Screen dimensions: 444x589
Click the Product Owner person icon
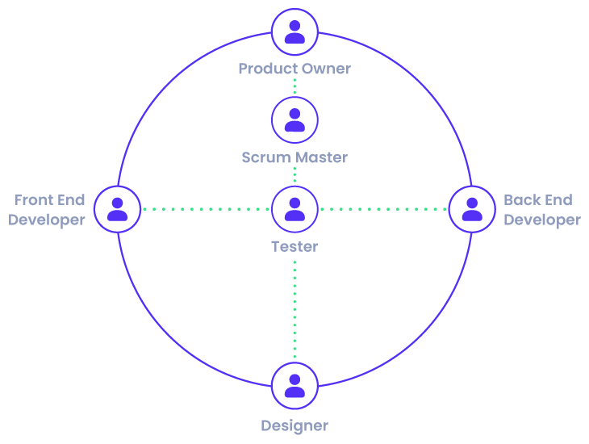click(294, 31)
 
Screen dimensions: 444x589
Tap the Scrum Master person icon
click(294, 119)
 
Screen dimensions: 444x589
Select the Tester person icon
click(294, 209)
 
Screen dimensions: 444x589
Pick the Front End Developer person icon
click(118, 209)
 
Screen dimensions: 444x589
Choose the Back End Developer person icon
click(472, 209)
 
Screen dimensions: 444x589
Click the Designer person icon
click(294, 385)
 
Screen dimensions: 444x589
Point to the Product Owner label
click(294, 69)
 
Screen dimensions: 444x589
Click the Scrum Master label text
click(294, 157)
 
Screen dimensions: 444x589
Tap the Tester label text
click(294, 246)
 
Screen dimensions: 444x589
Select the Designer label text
click(294, 425)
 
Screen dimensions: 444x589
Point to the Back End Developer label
click(541, 210)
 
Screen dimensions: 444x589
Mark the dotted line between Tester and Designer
click(294, 311)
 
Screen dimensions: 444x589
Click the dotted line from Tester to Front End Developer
click(206, 209)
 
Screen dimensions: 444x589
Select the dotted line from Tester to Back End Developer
click(383, 209)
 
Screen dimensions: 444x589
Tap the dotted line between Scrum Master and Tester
click(294, 175)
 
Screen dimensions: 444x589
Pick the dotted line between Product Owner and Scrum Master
click(294, 86)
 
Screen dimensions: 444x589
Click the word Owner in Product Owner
click(326, 69)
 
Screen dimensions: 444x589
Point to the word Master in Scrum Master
click(321, 157)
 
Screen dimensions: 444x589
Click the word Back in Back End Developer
click(521, 200)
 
